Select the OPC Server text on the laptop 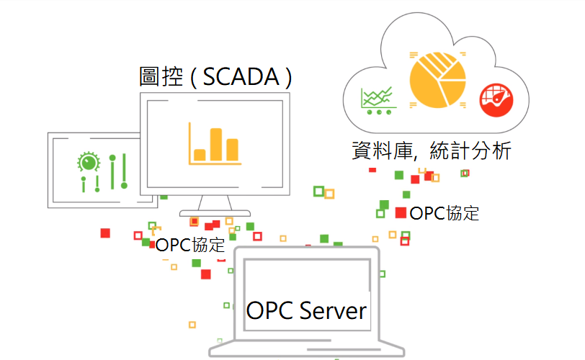click(307, 311)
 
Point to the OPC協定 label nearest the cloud click(444, 213)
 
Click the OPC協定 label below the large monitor click(190, 245)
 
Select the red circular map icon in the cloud click(496, 99)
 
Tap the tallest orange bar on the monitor click(215, 144)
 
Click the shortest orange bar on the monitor click(200, 154)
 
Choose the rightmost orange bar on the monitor click(232, 149)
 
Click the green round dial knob click(87, 162)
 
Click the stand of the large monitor click(215, 204)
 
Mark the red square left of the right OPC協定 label click(401, 212)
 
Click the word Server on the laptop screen click(332, 311)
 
